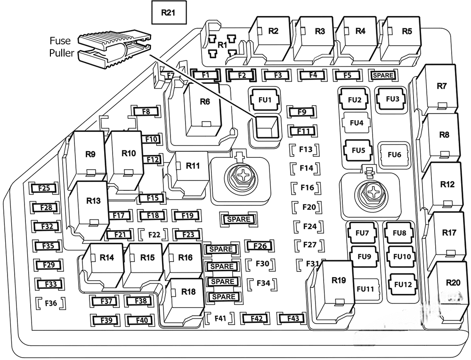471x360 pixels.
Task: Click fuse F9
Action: tap(302, 112)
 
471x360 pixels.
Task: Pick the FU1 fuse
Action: tap(264, 100)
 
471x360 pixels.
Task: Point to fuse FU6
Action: tap(394, 154)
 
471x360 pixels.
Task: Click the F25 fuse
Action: tap(44, 188)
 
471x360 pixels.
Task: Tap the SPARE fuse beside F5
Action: tap(383, 75)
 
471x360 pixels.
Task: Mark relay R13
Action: tap(93, 207)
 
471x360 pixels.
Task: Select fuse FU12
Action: tap(403, 284)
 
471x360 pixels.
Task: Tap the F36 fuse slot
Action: tap(50, 303)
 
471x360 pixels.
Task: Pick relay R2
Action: tap(273, 37)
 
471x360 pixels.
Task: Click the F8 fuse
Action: tap(146, 112)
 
